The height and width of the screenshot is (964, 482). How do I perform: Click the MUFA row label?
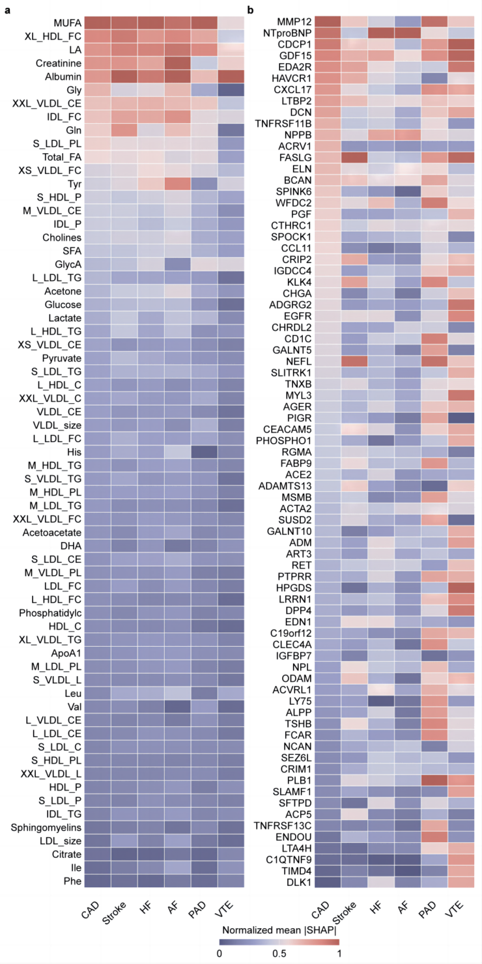pos(60,22)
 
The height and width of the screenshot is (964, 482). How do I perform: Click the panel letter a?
pos(7,9)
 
